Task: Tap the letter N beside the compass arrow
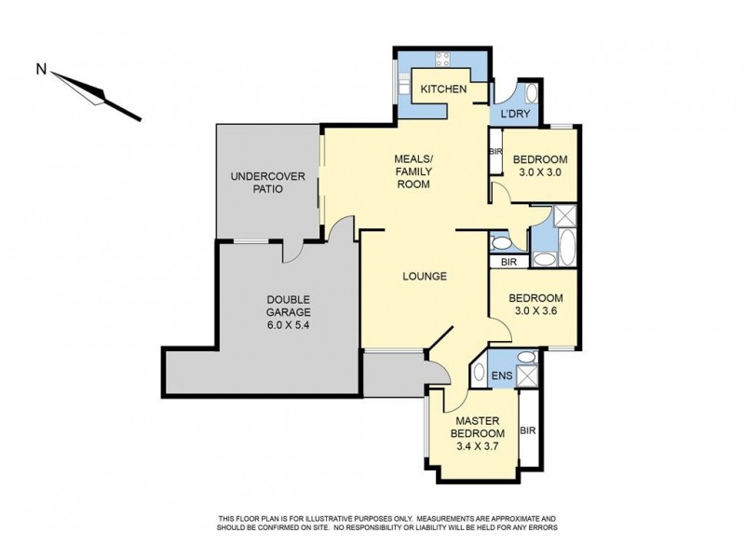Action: click(x=40, y=68)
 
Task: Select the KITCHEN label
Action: click(x=443, y=89)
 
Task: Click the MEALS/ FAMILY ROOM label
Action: click(x=412, y=171)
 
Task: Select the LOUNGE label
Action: click(x=426, y=277)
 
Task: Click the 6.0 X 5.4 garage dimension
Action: click(x=285, y=326)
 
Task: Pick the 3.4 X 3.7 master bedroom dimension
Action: click(x=478, y=447)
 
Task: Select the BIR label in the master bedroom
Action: click(x=528, y=430)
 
